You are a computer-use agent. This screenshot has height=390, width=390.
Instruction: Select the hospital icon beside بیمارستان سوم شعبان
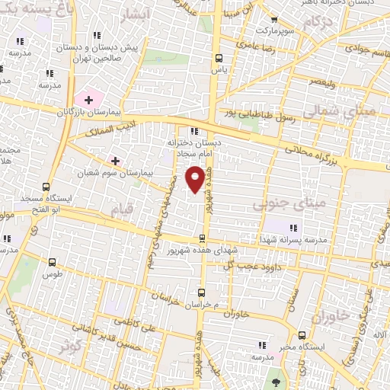coord(116,161)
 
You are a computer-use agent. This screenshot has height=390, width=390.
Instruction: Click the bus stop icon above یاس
coord(219,58)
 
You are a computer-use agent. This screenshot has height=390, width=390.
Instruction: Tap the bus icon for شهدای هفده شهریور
coord(202,237)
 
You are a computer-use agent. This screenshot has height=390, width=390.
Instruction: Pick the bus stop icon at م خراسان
coord(202,292)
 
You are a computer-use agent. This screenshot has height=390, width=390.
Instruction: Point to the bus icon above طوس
coord(52,261)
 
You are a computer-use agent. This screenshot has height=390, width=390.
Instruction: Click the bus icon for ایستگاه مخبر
coord(303,334)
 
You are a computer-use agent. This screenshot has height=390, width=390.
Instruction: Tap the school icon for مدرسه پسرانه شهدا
coord(295,227)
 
